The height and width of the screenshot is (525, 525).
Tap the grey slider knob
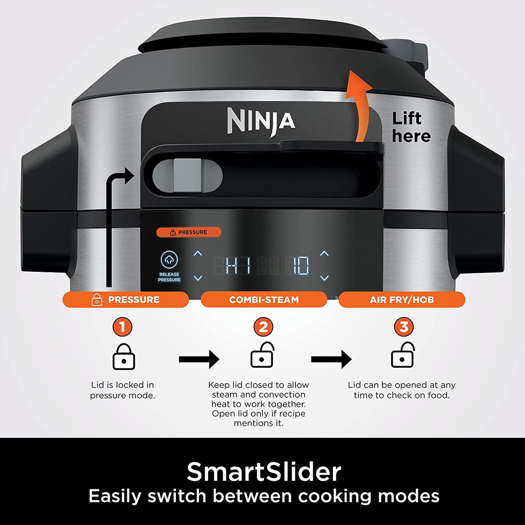click(187, 175)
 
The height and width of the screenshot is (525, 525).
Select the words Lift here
click(411, 127)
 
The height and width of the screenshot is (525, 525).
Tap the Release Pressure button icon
click(169, 259)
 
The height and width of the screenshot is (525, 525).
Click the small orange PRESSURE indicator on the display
click(189, 232)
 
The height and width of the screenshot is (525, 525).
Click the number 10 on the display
click(301, 266)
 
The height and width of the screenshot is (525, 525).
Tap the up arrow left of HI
click(197, 253)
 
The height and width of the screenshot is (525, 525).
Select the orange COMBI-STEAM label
click(264, 300)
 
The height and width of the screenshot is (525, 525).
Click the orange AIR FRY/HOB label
click(402, 300)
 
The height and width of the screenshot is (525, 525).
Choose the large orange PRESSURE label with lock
click(126, 300)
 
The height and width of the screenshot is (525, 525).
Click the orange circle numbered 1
click(122, 327)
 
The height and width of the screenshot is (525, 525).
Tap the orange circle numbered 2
click(263, 327)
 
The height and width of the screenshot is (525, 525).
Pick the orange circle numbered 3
click(404, 327)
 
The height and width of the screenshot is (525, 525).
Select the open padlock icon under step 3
click(402, 355)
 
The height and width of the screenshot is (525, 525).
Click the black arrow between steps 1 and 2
click(199, 359)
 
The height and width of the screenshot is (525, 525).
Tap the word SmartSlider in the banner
click(264, 472)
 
